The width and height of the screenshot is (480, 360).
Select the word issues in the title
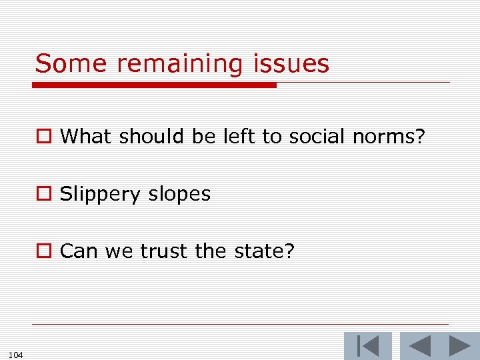(x=291, y=64)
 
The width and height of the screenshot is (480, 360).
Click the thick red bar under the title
(x=155, y=85)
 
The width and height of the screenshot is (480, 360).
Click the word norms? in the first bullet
(x=389, y=137)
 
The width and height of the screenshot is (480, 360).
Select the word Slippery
(x=100, y=195)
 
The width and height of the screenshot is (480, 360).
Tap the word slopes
(x=179, y=195)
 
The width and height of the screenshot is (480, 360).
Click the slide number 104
(x=17, y=355)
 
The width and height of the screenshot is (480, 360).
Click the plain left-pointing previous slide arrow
(x=419, y=346)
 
